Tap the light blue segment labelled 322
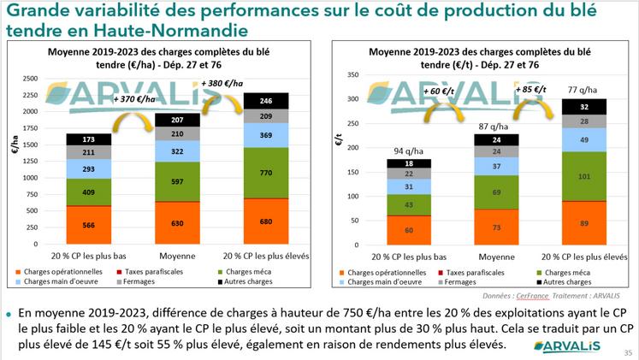tap(179, 151)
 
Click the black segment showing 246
tap(267, 101)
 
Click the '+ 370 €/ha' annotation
tap(136, 99)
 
